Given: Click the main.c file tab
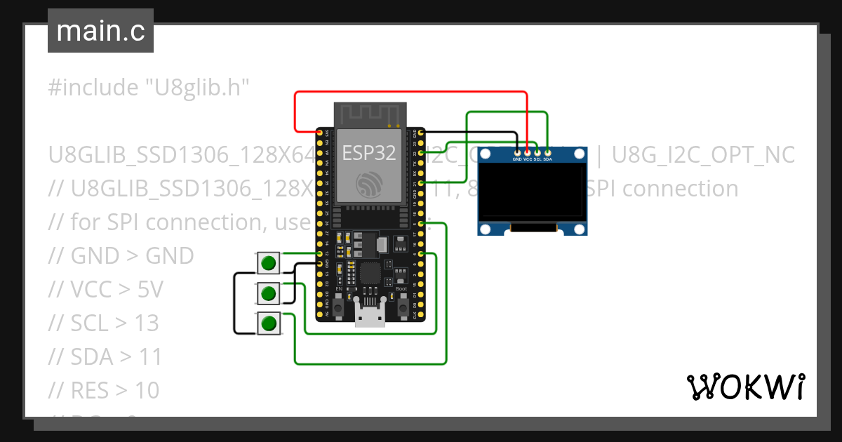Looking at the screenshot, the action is [100, 32].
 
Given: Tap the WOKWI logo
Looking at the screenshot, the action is [745, 387].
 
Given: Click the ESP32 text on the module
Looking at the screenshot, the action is [368, 152].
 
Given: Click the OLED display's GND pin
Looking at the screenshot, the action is [518, 152].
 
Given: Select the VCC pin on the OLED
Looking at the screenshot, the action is [528, 152].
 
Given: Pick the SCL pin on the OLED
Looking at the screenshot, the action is [537, 152].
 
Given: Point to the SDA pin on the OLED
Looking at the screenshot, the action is [547, 152].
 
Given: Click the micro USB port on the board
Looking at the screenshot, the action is [370, 317].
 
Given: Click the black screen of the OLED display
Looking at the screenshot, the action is [531, 191].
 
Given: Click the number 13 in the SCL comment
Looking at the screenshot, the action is [147, 323].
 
